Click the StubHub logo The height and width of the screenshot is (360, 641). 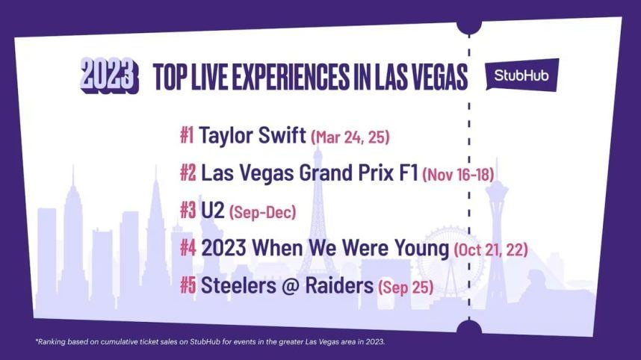522,75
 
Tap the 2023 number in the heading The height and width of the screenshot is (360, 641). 110,75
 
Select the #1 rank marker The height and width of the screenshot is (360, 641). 187,135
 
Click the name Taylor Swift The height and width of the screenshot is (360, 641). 253,135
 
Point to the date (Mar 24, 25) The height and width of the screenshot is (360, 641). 350,137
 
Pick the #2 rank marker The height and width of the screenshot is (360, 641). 188,173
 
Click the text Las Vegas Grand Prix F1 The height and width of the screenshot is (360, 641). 309,173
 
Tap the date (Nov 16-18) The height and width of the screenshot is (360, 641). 458,175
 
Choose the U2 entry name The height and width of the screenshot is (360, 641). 213,211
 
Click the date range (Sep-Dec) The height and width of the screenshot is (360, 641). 262,212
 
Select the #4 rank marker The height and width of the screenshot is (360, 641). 188,248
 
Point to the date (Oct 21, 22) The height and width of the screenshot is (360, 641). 491,249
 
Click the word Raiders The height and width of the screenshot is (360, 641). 339,285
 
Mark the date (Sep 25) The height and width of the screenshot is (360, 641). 406,287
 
